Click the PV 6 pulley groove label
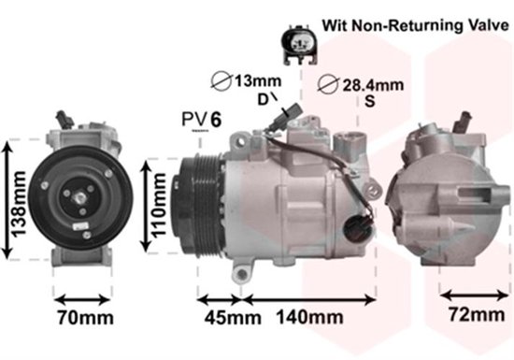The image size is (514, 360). click(x=202, y=119)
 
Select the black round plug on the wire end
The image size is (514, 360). click(x=356, y=225)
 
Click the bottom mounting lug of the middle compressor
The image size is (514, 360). click(x=243, y=273)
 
